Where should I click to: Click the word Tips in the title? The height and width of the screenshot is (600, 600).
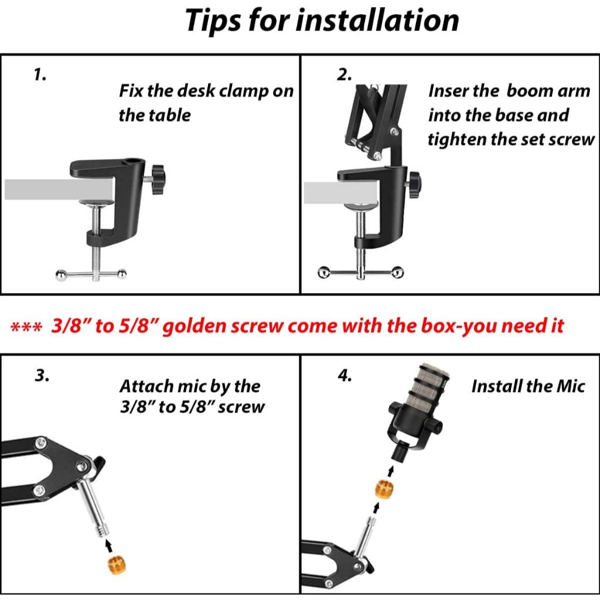[x=213, y=22]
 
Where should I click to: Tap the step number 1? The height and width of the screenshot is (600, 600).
[x=40, y=74]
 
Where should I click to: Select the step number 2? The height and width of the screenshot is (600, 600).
[x=344, y=74]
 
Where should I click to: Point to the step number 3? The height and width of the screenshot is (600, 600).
[x=42, y=376]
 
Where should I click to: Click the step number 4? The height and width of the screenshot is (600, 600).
[x=345, y=376]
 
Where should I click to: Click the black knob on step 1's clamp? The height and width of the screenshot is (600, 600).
[x=158, y=179]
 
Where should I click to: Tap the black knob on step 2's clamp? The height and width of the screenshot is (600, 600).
[x=416, y=185]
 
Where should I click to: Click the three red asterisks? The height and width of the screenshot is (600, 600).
[x=26, y=328]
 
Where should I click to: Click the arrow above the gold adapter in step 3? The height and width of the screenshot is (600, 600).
[x=109, y=546]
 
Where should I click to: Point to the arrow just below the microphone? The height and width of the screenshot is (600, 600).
[x=390, y=471]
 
